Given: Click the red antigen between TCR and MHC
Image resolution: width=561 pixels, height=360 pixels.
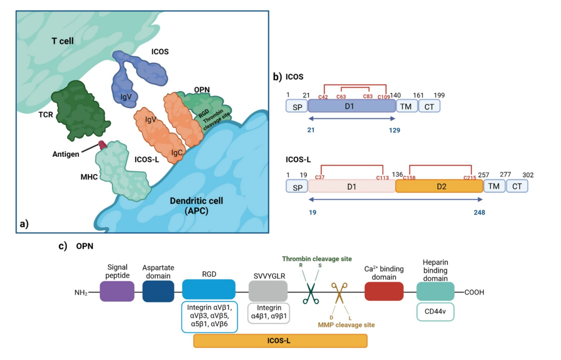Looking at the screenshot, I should [x=103, y=145].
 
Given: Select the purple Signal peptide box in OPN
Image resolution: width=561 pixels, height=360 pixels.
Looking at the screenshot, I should [x=117, y=291].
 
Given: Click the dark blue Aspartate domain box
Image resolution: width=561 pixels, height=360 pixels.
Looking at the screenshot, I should [x=158, y=291].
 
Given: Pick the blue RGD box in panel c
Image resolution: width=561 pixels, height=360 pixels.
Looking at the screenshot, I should [x=208, y=290].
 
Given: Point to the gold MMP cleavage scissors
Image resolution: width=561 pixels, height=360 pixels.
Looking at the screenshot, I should [x=339, y=293].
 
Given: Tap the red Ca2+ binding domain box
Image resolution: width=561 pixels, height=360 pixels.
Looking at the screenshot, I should [x=384, y=291].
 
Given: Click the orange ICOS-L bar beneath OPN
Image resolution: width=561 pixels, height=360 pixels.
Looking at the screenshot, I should [x=280, y=341].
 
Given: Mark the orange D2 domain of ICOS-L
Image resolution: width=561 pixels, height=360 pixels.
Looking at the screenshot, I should [x=439, y=186].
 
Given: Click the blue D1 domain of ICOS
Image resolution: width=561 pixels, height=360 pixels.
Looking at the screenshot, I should [x=352, y=106].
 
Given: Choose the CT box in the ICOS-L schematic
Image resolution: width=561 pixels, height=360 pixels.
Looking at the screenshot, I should [x=517, y=186].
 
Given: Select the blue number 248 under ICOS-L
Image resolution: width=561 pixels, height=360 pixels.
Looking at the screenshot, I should [x=478, y=212].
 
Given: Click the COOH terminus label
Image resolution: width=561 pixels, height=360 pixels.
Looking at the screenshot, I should [x=474, y=292].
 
